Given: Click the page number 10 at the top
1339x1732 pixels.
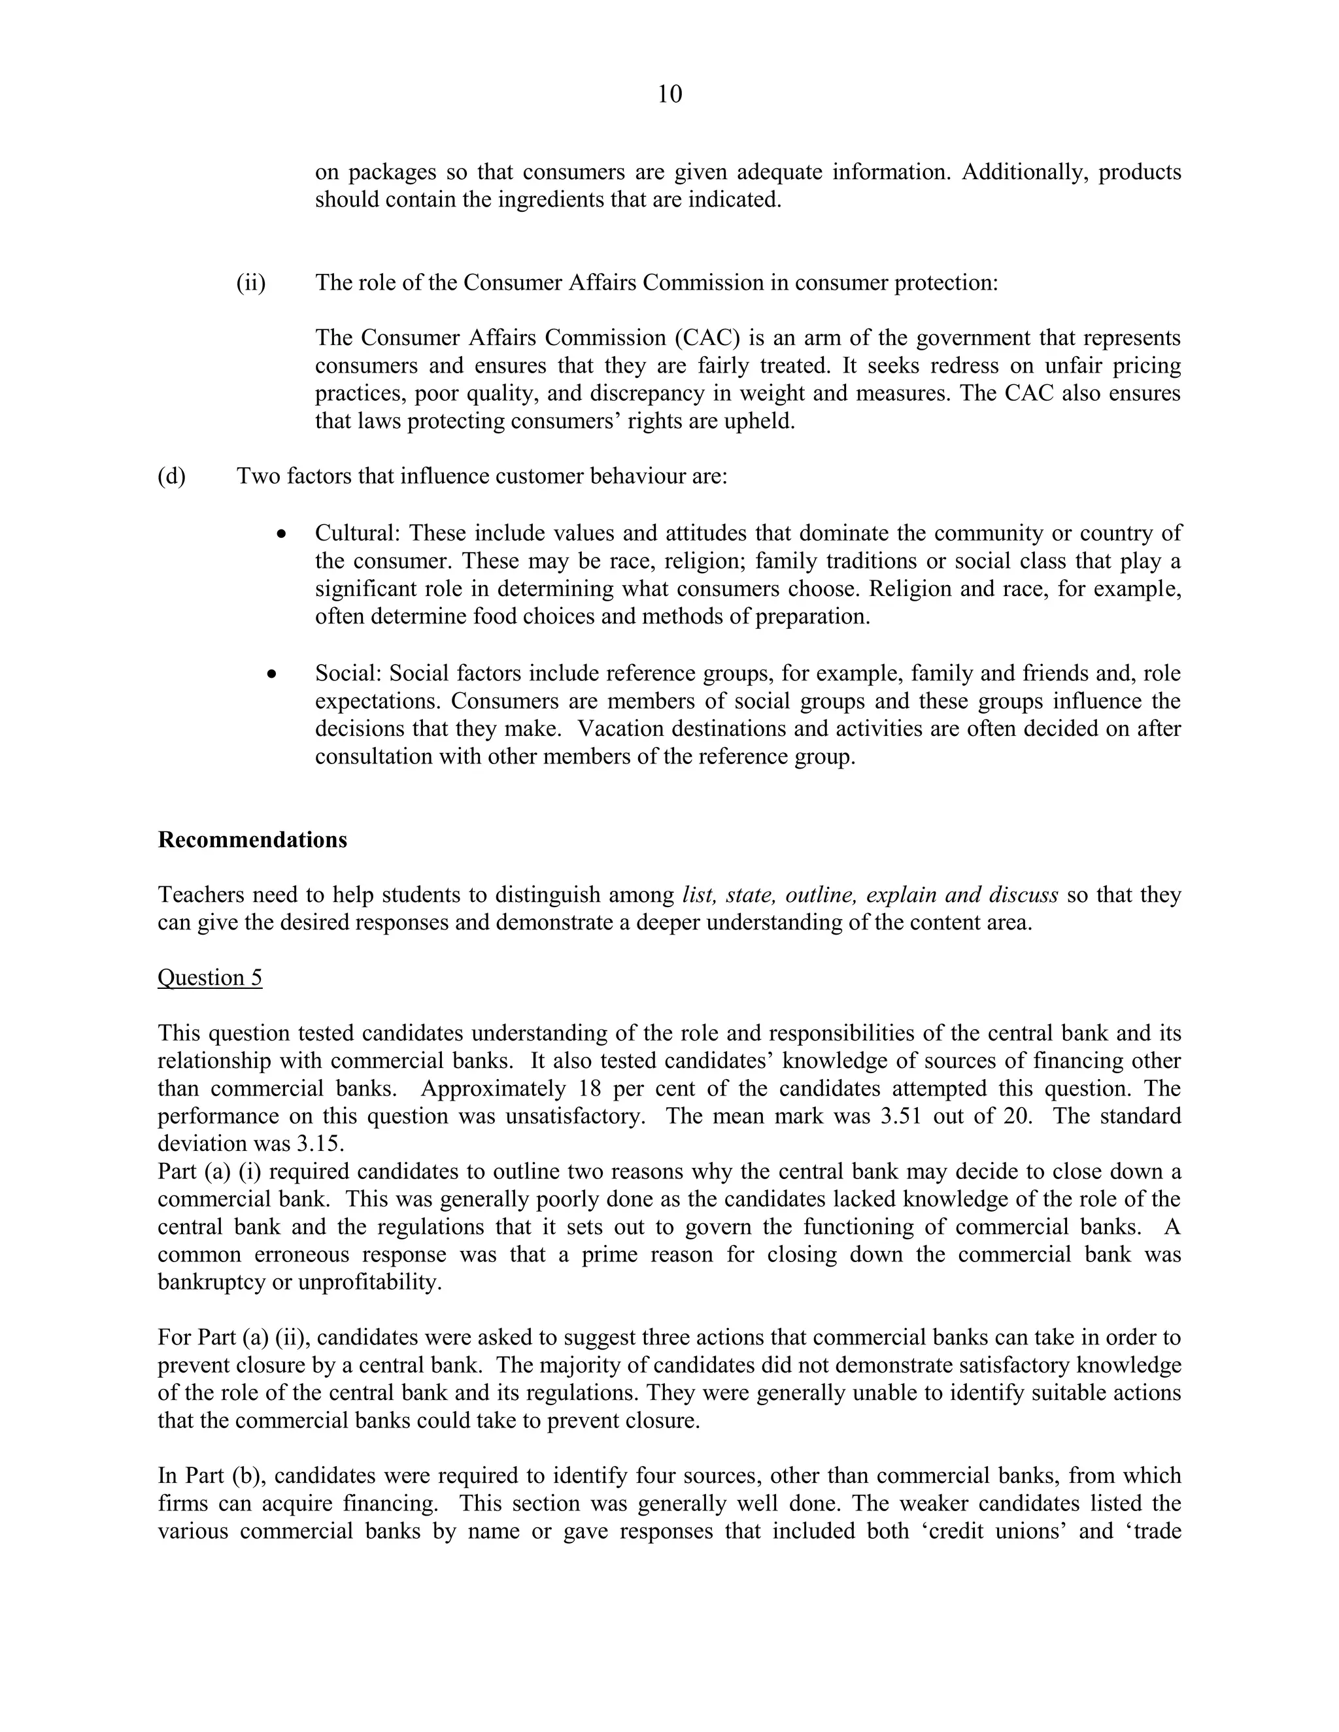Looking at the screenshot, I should point(669,94).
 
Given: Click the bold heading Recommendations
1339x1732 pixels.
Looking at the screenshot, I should point(252,840).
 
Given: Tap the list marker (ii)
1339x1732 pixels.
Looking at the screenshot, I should point(250,283).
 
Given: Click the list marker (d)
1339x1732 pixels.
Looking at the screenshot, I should point(171,476).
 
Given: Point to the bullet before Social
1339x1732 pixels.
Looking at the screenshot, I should point(272,674).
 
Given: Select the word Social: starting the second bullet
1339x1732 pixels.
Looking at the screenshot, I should point(349,674).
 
